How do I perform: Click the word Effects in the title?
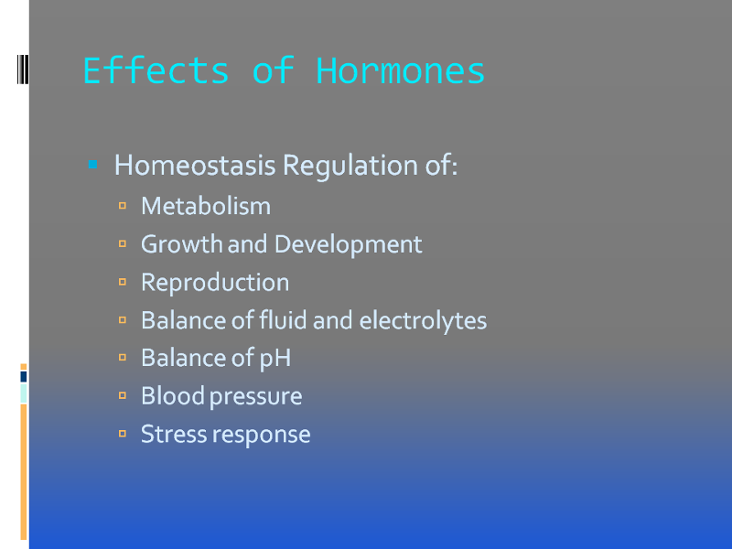tap(156, 70)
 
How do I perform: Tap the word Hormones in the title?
tap(401, 71)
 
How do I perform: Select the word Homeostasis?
tap(195, 165)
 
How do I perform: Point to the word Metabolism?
tap(206, 206)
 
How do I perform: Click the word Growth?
tap(181, 243)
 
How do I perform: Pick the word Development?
tap(349, 244)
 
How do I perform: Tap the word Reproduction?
tap(215, 283)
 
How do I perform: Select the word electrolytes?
tap(423, 320)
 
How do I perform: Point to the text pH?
tap(275, 358)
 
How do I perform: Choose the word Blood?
tap(173, 396)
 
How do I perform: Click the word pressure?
tap(256, 397)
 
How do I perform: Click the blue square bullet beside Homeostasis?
tap(93, 165)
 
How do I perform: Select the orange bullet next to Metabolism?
tap(123, 205)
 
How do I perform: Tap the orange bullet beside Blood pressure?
tap(123, 395)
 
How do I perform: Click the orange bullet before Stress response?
tap(123, 434)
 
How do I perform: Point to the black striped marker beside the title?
tap(23, 70)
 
